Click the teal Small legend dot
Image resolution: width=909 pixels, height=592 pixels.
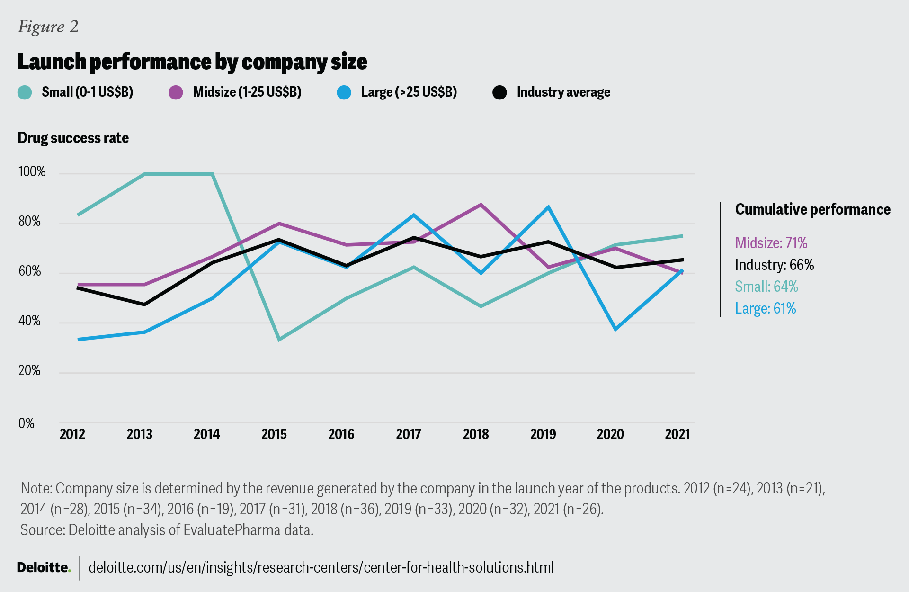25,92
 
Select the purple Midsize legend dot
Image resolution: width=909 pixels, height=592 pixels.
176,92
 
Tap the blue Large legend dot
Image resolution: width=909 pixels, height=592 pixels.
344,92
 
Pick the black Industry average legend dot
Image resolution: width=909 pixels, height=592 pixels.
500,92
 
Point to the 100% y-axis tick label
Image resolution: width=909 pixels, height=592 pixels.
32,171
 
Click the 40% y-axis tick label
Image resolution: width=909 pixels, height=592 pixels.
29,321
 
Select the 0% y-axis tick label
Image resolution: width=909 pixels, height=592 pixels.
27,423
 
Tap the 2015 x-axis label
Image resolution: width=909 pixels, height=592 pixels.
274,434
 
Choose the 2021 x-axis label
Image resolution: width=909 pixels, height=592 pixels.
677,434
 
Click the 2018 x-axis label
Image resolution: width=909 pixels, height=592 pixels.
476,434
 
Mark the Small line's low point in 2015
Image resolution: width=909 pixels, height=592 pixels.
279,340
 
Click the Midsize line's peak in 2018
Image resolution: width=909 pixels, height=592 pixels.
481,205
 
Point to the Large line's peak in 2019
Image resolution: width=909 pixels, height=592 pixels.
548,207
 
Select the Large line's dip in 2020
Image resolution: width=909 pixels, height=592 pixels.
615,329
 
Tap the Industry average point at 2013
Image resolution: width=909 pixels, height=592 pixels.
145,304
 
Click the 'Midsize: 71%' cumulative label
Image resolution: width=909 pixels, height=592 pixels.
771,243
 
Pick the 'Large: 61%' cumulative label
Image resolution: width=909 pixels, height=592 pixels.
766,309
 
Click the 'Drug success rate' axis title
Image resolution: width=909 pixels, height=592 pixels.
73,138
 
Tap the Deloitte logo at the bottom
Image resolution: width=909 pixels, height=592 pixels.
44,567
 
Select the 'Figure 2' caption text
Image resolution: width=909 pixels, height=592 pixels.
48,27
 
